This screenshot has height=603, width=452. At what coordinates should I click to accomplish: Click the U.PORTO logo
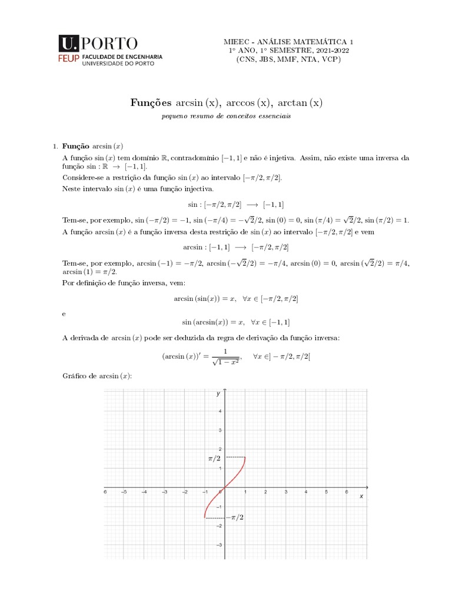coord(98,43)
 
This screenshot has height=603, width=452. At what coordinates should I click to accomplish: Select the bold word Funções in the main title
coord(151,103)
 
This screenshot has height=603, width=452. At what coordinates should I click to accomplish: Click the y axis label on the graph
coord(218,393)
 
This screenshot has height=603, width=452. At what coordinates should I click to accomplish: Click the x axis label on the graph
coord(361,497)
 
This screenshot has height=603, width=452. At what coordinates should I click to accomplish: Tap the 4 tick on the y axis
coord(220,411)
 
